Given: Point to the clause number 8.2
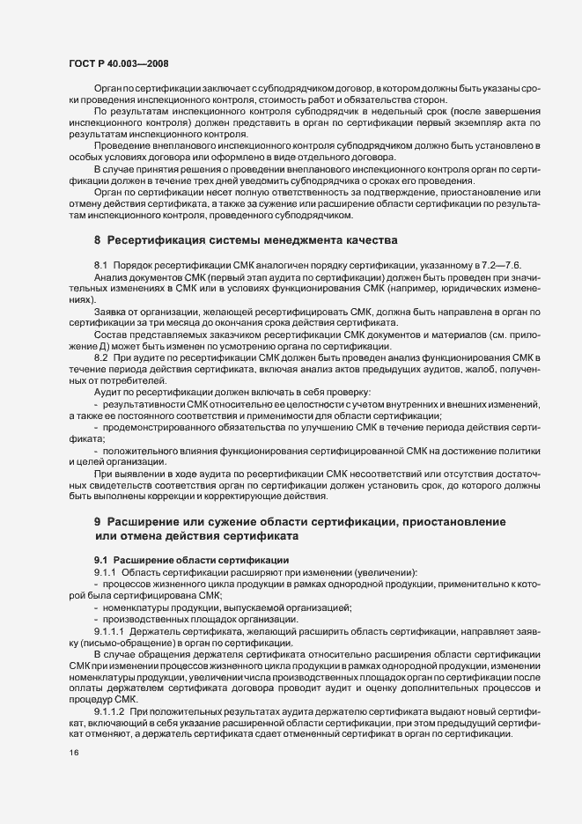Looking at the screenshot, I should (x=101, y=356).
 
